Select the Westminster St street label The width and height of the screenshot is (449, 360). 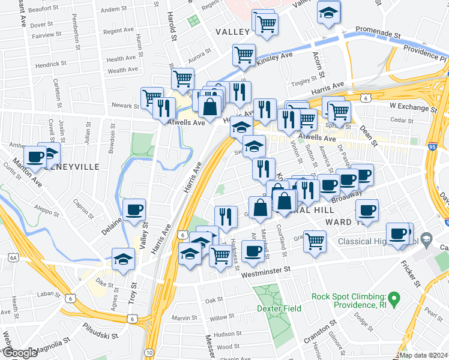tap(266, 271)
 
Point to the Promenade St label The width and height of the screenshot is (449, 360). tap(378, 31)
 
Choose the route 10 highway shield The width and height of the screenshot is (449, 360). tap(149, 352)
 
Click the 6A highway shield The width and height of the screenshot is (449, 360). tap(13, 257)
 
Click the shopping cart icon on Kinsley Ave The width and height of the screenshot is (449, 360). tap(244, 55)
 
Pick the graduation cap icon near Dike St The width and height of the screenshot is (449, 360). tap(123, 259)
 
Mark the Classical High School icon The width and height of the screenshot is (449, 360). tap(426, 240)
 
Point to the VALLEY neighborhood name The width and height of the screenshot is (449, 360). tap(232, 32)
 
